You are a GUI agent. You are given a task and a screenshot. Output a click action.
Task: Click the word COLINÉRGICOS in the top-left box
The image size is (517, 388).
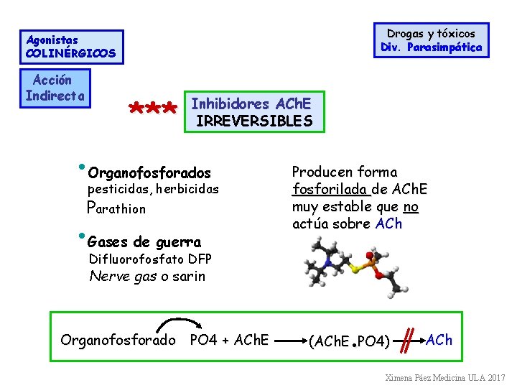[70, 53]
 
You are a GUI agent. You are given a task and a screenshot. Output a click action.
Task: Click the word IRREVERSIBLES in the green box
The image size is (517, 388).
[254, 121]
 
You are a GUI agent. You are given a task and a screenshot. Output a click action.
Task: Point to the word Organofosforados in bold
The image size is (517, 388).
[149, 173]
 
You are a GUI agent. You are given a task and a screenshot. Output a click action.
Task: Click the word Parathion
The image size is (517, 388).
[116, 208]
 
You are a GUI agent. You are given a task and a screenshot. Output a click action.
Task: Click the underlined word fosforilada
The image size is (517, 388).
[330, 190]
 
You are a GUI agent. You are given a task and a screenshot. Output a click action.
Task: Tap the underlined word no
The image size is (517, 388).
[411, 207]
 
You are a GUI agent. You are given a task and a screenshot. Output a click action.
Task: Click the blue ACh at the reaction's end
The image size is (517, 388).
[439, 340]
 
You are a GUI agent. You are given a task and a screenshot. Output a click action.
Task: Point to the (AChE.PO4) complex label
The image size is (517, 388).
[348, 341]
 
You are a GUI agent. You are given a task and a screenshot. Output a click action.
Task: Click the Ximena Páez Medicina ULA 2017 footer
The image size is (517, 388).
[445, 377]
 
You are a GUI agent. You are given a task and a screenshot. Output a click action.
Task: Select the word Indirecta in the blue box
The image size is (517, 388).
[55, 96]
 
